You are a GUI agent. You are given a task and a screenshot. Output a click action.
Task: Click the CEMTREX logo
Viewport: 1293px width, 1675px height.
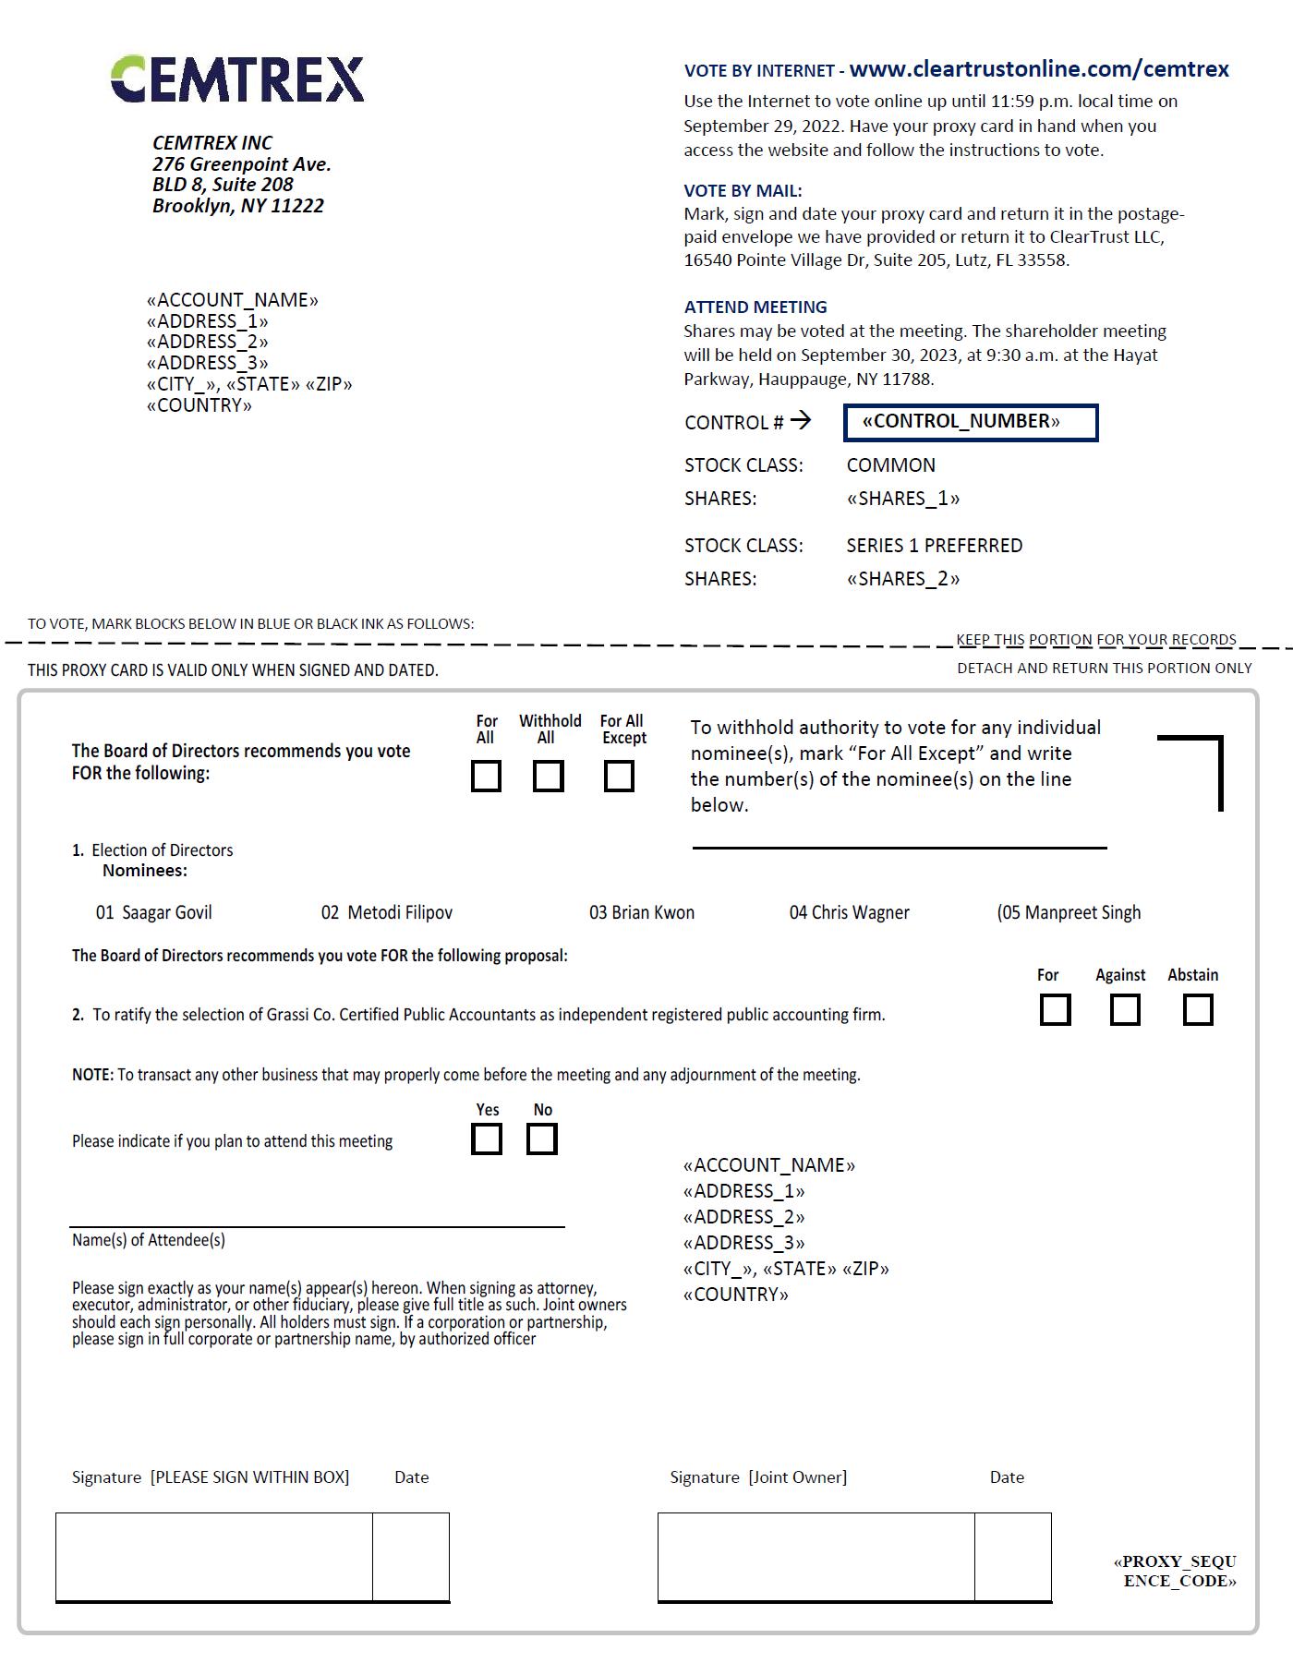[x=237, y=78]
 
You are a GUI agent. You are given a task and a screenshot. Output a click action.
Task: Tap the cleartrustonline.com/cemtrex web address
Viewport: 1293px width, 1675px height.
[x=1039, y=69]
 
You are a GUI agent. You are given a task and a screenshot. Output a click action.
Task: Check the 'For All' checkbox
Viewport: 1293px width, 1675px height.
[x=486, y=777]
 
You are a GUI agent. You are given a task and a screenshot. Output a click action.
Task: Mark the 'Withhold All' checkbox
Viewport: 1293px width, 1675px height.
[x=549, y=777]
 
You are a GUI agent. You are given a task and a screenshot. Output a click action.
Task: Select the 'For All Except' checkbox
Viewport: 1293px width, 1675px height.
[x=619, y=777]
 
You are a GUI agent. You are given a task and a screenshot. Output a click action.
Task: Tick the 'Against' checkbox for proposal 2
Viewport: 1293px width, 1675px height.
[x=1124, y=1010]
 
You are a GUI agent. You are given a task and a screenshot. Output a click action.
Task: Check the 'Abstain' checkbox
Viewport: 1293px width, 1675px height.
[x=1198, y=1010]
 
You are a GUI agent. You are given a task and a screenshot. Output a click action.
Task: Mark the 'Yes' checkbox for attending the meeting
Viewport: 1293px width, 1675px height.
[x=487, y=1139]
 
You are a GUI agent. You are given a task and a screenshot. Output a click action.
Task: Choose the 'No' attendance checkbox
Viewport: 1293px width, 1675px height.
[x=542, y=1139]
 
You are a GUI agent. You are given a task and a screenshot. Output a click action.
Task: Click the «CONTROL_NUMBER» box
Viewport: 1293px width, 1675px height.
[x=971, y=423]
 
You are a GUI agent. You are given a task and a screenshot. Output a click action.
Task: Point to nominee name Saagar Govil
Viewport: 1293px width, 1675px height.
[x=167, y=913]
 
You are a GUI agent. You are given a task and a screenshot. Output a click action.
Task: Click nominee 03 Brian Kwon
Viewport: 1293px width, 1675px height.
[x=642, y=913]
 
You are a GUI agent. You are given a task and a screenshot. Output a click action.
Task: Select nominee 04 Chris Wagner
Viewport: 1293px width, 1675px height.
[x=850, y=913]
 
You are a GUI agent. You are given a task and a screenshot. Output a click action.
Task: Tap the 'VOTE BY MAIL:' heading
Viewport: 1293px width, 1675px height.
[x=743, y=191]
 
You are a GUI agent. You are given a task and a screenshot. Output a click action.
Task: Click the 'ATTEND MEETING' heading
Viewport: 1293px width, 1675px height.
[x=755, y=307]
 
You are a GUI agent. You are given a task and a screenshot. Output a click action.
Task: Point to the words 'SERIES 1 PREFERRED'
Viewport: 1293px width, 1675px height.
[x=934, y=546]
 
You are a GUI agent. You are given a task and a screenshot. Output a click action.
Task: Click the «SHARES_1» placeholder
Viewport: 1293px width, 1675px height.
[x=902, y=500]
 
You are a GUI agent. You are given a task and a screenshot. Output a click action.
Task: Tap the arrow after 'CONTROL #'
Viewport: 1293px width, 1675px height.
[x=801, y=421]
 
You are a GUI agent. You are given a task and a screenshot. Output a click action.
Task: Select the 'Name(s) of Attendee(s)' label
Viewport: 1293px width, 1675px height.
[x=149, y=1240]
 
